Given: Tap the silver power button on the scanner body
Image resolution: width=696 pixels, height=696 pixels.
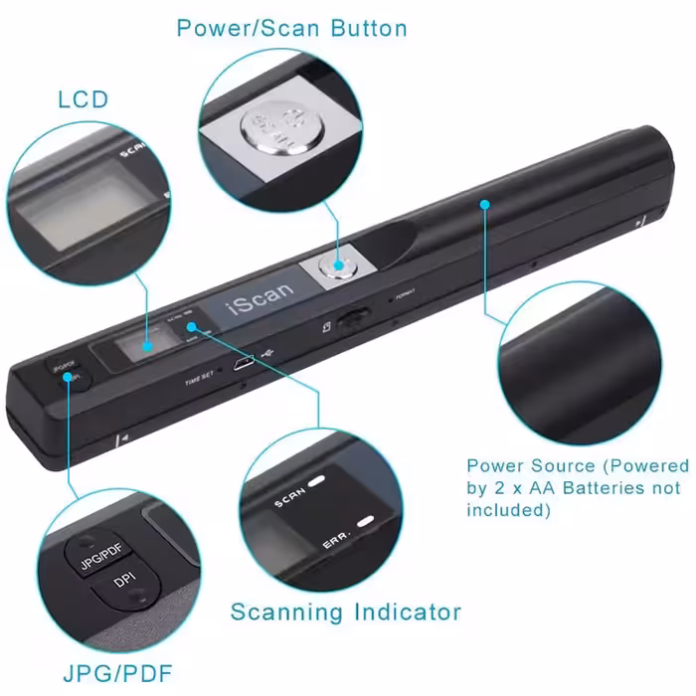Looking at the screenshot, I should click(336, 265).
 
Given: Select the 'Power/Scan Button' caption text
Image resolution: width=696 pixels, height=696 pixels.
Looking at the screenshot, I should click(291, 28).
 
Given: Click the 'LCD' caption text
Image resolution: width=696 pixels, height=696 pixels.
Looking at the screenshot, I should click(84, 99).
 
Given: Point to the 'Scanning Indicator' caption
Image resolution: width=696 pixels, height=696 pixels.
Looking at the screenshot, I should click(345, 610).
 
